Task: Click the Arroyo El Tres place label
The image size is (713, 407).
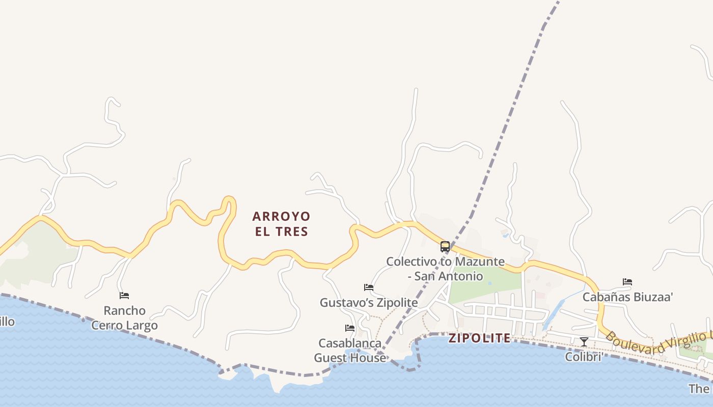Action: [281, 224]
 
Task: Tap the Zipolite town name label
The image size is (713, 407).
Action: [479, 338]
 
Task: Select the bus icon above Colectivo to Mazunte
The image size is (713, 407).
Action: [445, 247]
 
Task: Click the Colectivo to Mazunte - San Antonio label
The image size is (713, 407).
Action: [445, 269]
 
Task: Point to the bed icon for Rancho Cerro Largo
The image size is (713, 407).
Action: [124, 296]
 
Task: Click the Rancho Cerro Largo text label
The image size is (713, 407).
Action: [124, 318]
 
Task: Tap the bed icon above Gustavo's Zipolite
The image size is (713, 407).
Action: [369, 287]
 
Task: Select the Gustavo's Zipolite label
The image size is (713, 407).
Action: [369, 303]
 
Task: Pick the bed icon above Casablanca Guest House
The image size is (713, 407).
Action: [350, 328]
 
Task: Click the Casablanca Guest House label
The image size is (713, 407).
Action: [350, 351]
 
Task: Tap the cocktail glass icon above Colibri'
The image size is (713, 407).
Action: [584, 342]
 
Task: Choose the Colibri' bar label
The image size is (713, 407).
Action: [584, 357]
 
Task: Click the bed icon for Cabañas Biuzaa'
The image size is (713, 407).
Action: [627, 282]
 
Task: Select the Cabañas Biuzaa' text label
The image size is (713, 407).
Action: [627, 297]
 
